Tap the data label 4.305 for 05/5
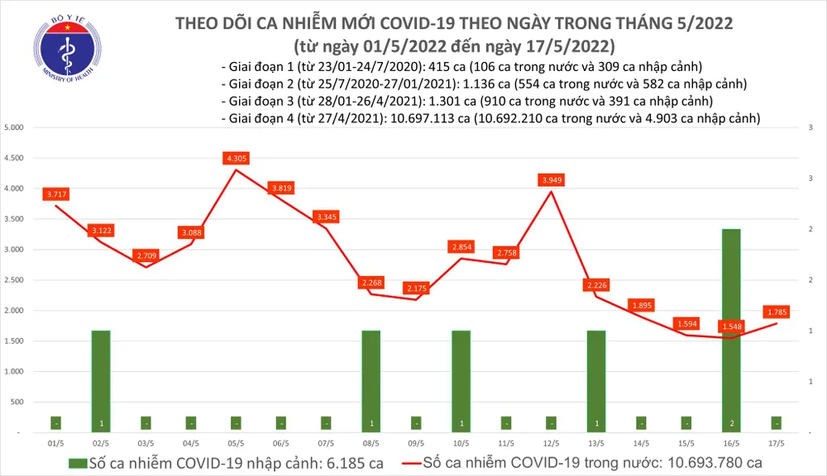coord(237,158)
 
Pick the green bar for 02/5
coord(102,380)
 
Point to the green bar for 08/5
coord(372,380)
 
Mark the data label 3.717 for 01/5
coord(56,193)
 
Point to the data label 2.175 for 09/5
coord(417,288)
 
